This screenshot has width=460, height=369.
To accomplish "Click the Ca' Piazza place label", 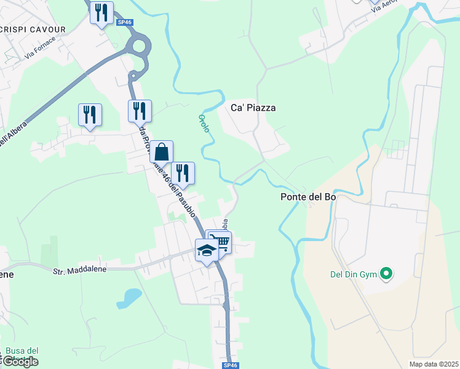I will click(253, 108).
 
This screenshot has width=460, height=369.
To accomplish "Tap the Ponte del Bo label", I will click(308, 197).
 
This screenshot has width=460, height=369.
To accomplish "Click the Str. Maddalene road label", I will click(79, 269).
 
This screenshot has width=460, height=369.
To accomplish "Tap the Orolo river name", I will click(204, 123).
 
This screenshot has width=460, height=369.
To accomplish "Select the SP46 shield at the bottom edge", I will click(231, 365).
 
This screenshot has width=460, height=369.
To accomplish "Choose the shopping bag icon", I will click(161, 151).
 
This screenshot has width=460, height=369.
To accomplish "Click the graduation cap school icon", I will click(207, 250).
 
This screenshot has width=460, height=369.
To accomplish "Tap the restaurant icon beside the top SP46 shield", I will click(101, 12).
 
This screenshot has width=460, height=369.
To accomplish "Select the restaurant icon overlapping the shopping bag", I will click(183, 172).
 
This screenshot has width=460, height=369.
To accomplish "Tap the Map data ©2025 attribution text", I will click(434, 364).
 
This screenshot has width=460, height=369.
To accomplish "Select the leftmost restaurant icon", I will click(90, 114).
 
